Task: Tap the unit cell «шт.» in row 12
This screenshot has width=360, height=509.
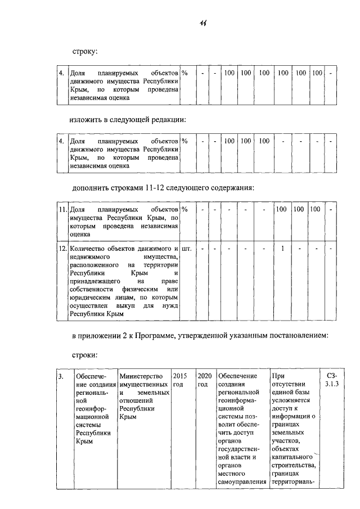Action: point(187,247)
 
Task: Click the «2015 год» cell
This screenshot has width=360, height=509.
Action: point(179,380)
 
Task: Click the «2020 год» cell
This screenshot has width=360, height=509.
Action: point(203,380)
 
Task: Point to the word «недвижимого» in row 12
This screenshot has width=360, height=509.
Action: point(88,256)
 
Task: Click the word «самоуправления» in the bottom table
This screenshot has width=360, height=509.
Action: point(241,482)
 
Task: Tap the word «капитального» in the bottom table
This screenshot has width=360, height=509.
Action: point(292,457)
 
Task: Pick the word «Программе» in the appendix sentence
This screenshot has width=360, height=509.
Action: point(157,336)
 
